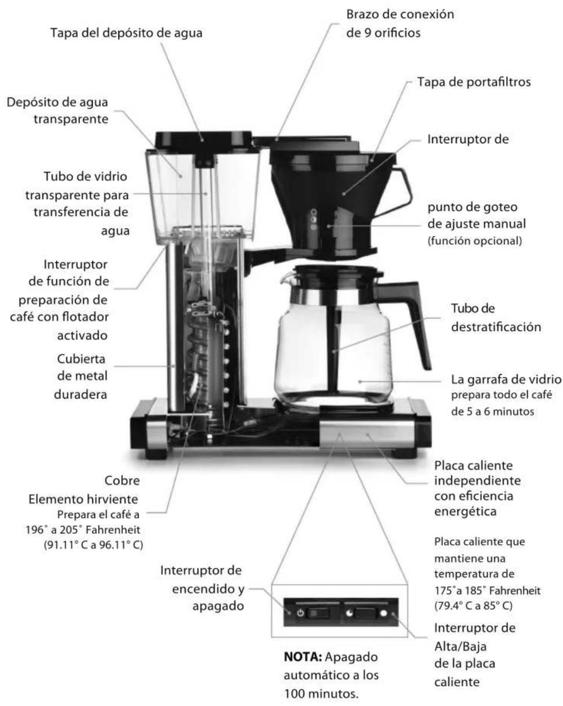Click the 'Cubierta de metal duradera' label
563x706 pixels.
83,375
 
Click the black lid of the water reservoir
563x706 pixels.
202,138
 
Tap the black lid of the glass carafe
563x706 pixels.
339,271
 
